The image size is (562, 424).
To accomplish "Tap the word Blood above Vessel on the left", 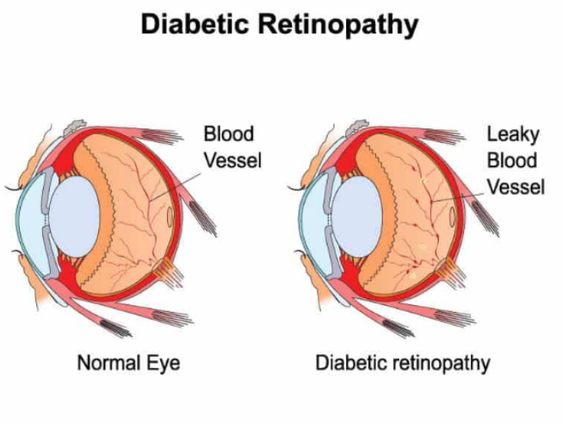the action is pos(228,134).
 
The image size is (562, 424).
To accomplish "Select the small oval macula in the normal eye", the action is pos(171,216).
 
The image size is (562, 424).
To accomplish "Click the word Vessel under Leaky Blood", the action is pos(516,185).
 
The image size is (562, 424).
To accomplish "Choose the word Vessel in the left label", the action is pos(232,159).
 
